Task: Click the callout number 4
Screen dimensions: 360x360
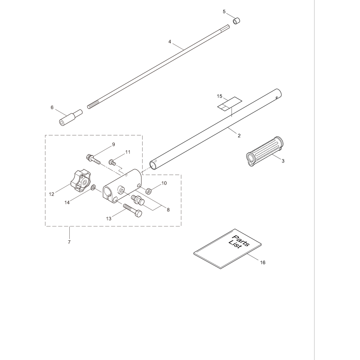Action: point(170,41)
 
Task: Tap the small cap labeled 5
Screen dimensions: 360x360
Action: point(236,21)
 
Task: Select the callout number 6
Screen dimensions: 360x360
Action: point(52,108)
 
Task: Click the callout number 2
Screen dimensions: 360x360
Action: point(239,135)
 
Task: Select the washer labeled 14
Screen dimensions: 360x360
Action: point(93,187)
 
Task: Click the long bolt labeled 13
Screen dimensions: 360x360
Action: point(131,211)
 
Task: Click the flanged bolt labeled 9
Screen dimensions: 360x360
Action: point(93,158)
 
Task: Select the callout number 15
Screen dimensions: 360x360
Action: point(220,96)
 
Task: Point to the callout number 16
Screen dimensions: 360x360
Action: point(263,262)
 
